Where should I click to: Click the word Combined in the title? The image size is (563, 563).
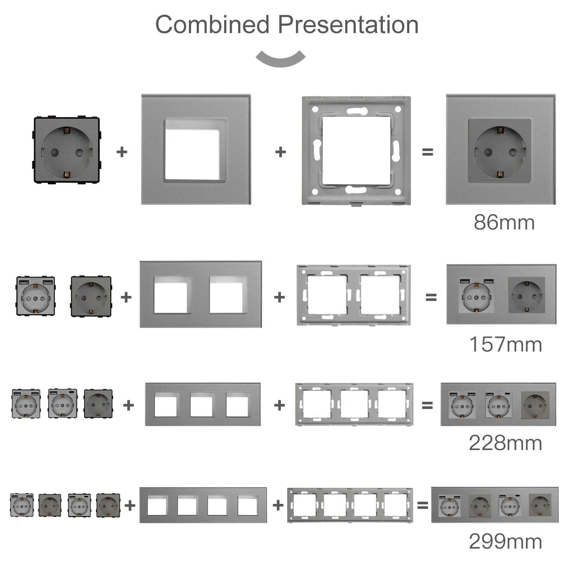[212, 25]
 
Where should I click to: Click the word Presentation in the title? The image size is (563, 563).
[348, 25]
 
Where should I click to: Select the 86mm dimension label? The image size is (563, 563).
[504, 222]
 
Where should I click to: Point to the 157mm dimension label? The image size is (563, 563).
[506, 344]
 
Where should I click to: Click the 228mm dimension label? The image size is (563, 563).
[505, 443]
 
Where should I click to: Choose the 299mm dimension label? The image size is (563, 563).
[505, 542]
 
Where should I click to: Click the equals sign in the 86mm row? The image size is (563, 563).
[428, 152]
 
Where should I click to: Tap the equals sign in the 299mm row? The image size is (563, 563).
[423, 506]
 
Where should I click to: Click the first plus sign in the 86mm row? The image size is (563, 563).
[122, 152]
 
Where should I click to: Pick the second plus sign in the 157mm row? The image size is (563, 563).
[279, 297]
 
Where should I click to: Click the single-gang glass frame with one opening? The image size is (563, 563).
[196, 150]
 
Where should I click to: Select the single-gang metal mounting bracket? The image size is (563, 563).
[356, 151]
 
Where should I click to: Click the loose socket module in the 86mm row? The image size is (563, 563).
[67, 150]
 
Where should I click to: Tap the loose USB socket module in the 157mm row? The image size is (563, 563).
[36, 296]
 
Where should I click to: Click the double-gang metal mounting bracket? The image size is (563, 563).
[354, 295]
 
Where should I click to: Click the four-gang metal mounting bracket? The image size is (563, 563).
[350, 505]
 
